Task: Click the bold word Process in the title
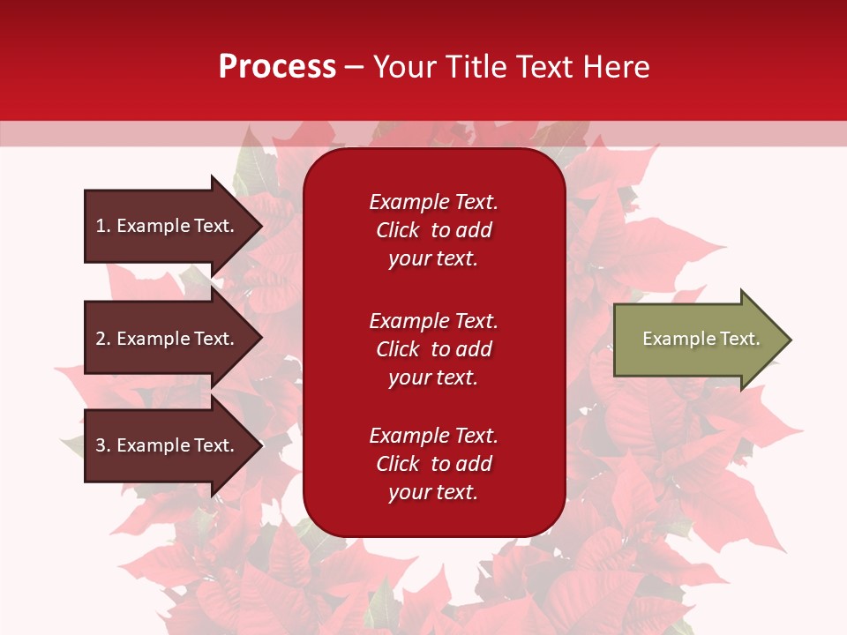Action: (277, 67)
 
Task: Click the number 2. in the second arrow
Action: (103, 339)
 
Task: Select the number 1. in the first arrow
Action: (103, 226)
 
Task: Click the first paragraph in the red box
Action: (433, 230)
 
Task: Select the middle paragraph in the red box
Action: (433, 349)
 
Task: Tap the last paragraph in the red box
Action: (433, 464)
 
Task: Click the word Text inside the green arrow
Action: (739, 339)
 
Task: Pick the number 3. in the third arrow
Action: (103, 445)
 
